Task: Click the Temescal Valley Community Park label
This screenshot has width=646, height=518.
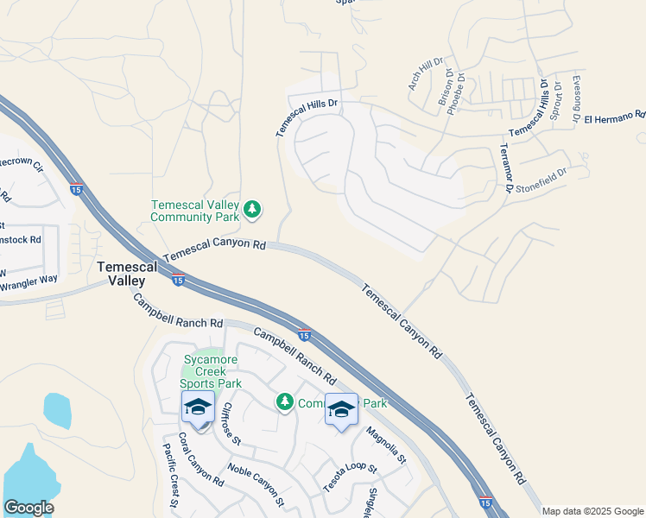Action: [x=195, y=211]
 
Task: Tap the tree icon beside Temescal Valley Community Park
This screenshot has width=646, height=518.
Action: [x=252, y=209]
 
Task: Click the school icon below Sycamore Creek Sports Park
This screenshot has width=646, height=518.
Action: [x=198, y=407]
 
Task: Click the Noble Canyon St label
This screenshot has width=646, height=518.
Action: [x=256, y=483]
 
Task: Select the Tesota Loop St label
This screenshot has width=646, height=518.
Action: [x=351, y=479]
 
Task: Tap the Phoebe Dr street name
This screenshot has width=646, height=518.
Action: [x=459, y=89]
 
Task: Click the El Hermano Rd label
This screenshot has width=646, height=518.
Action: [x=614, y=117]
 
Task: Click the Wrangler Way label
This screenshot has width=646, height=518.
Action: [x=28, y=280]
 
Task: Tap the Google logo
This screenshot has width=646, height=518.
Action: [x=28, y=508]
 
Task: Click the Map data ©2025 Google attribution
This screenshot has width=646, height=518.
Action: [x=592, y=511]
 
